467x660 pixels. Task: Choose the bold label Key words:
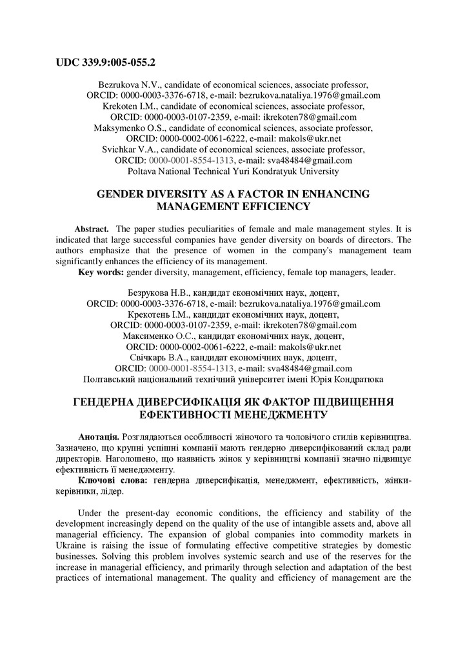tap(101, 272)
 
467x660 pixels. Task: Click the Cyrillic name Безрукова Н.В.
tap(155, 293)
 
